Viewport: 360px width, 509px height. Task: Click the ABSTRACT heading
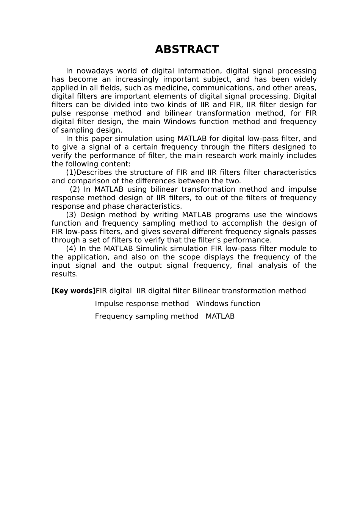(x=187, y=50)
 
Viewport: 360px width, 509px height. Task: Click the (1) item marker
(x=71, y=173)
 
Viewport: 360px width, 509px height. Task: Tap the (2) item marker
(x=75, y=189)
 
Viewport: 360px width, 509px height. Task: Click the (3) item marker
(x=71, y=215)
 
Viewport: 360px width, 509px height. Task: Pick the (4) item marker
(x=71, y=249)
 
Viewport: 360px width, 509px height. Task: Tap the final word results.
(x=64, y=274)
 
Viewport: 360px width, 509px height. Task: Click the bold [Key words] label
(x=74, y=291)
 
